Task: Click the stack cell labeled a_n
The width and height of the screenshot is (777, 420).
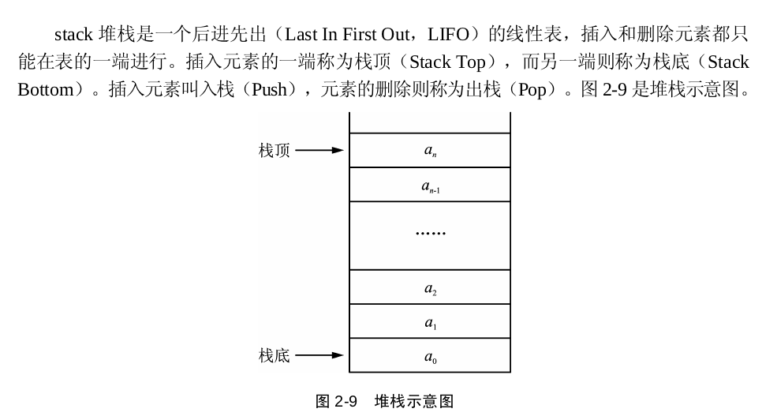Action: pos(430,150)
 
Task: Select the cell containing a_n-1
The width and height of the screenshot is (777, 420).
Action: pos(430,185)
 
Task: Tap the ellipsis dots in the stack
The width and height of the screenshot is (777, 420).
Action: pos(430,233)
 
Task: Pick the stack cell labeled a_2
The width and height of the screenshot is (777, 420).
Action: pos(430,287)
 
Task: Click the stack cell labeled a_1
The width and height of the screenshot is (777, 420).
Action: pos(430,321)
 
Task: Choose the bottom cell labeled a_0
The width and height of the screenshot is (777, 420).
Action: pos(430,355)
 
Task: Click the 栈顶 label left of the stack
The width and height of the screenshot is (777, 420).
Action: pos(274,150)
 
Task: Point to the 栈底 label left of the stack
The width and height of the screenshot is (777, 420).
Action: pos(274,355)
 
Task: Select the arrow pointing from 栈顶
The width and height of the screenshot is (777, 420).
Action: pos(319,150)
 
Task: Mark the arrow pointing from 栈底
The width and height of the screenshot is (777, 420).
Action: pos(319,355)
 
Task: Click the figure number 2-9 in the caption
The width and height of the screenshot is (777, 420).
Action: pos(346,401)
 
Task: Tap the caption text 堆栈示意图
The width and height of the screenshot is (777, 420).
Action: pos(414,401)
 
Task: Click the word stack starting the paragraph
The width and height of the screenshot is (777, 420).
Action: pos(73,35)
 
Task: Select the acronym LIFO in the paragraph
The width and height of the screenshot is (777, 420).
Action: pos(448,35)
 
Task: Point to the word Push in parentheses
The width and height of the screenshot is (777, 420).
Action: pos(269,90)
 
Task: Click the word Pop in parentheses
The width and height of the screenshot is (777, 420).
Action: pos(532,90)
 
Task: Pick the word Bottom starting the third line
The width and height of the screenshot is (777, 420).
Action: pos(46,90)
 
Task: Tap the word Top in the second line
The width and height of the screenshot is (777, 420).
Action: pos(471,63)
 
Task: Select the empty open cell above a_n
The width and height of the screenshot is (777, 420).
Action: pos(430,123)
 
